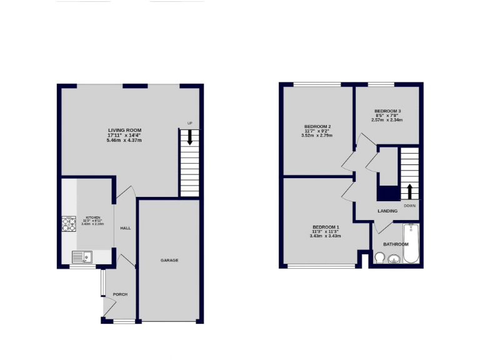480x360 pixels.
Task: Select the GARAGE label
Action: (169, 260)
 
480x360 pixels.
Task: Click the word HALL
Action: (126, 228)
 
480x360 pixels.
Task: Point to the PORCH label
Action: (120, 294)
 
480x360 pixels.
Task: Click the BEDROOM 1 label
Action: (326, 226)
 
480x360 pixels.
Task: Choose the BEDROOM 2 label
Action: (317, 126)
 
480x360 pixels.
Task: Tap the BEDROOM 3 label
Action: (387, 111)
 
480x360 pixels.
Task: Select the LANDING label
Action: (387, 211)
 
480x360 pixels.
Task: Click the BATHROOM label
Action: (396, 244)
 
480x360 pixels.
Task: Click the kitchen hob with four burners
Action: (68, 224)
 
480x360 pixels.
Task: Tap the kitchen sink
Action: (81, 256)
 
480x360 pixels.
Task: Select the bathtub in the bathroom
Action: (411, 243)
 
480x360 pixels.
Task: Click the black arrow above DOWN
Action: (409, 191)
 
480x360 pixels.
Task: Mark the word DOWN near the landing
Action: (409, 205)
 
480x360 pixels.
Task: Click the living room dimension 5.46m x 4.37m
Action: (124, 141)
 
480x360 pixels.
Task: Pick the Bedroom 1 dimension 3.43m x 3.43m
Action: (326, 236)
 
